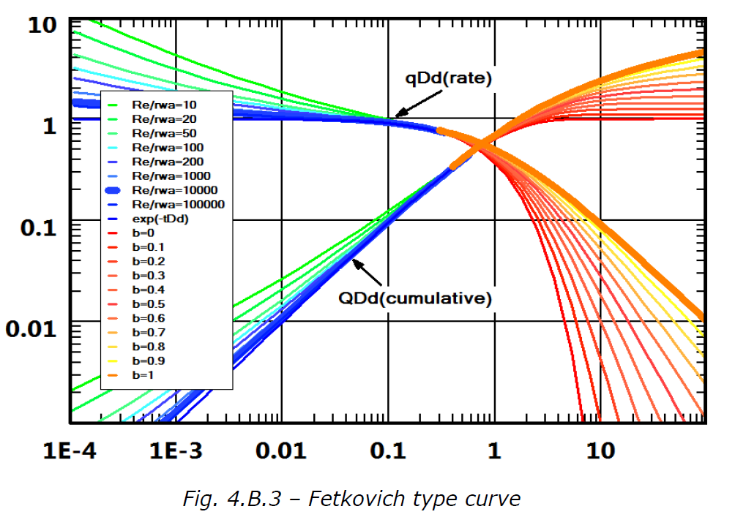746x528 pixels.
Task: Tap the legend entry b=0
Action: (x=142, y=233)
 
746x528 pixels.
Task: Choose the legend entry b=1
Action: (x=142, y=375)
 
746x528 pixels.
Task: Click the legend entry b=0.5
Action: (x=146, y=303)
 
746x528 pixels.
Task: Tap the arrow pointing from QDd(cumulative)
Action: (x=368, y=271)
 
